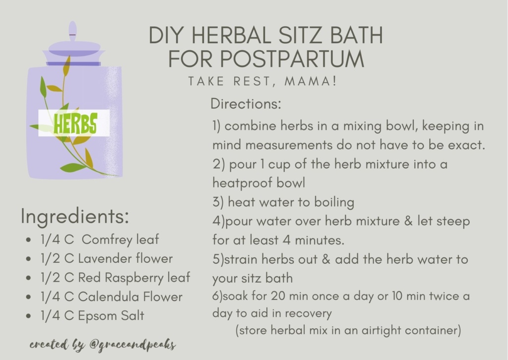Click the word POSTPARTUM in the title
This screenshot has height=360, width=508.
click(292, 59)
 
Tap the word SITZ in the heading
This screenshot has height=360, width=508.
click(301, 35)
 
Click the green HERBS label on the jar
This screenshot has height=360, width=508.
click(75, 123)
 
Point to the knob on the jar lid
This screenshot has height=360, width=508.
click(72, 31)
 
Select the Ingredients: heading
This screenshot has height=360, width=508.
click(75, 216)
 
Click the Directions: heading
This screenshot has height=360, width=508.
click(246, 104)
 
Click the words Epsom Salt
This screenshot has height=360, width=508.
click(111, 316)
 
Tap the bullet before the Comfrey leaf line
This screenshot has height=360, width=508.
click(29, 240)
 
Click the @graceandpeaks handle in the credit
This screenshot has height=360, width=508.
click(133, 345)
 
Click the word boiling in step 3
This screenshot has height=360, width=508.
click(334, 202)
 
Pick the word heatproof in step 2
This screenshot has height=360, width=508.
click(238, 183)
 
